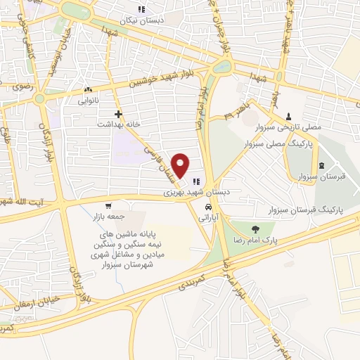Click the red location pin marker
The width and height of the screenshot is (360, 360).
click(181, 165)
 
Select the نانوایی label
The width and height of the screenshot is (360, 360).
click(88, 100)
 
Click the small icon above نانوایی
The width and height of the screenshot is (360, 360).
click(88, 90)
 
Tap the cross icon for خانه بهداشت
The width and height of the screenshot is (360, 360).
click(118, 113)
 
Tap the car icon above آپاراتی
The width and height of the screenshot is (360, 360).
click(209, 207)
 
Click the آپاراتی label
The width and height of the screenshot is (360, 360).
click(209, 218)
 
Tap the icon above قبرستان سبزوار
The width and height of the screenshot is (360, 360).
click(322, 166)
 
